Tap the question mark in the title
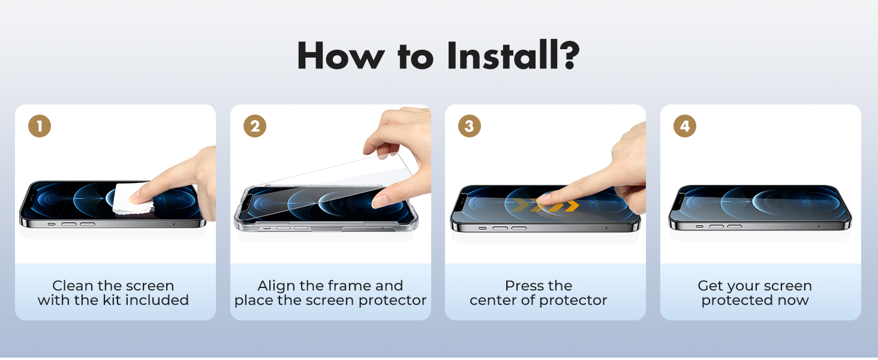(569, 55)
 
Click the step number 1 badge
(40, 126)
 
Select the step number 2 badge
(255, 126)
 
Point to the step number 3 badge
(469, 126)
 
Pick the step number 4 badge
(685, 126)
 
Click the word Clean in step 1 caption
(74, 286)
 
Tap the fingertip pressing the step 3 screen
(543, 199)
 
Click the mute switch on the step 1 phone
(52, 224)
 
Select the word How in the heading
(341, 55)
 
